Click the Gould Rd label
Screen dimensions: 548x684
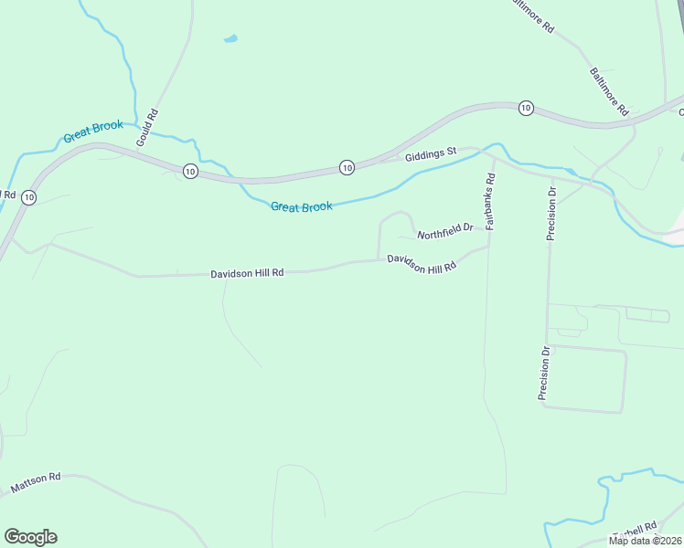[147, 130]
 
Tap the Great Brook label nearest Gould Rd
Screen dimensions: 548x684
[92, 132]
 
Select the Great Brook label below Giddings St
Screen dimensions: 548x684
[301, 207]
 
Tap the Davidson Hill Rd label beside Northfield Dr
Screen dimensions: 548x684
[421, 264]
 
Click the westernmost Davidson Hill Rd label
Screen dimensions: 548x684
[247, 273]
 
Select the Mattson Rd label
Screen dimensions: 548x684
[36, 483]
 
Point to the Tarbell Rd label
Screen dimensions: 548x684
[636, 531]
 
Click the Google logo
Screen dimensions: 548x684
[30, 537]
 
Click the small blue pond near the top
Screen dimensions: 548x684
[230, 39]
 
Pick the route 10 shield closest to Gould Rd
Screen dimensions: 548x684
[188, 171]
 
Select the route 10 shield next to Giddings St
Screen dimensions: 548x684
[347, 167]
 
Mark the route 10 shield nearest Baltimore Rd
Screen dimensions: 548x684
[525, 108]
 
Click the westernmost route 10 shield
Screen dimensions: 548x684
[29, 197]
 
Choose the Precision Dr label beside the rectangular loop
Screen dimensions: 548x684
[543, 373]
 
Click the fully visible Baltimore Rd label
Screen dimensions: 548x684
[609, 91]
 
